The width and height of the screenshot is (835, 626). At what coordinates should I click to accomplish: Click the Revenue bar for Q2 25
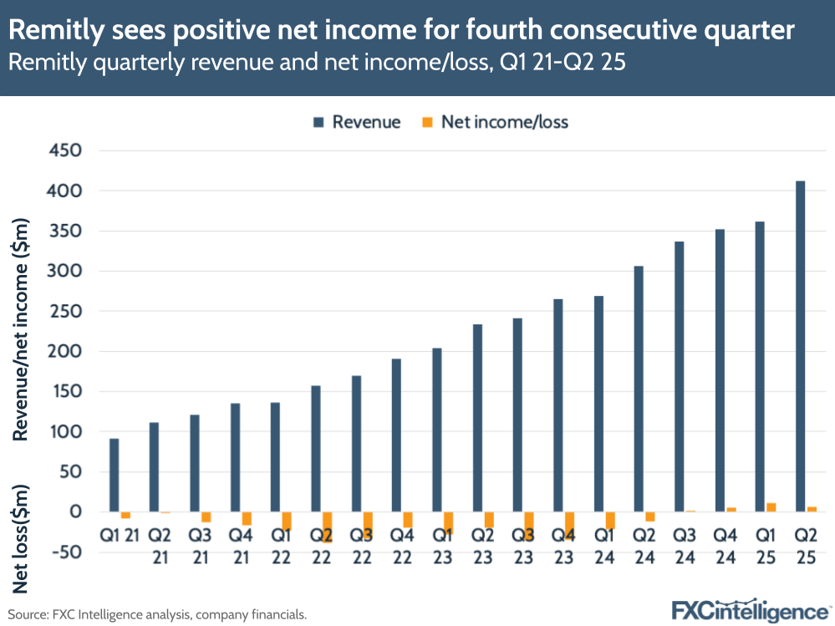pos(800,346)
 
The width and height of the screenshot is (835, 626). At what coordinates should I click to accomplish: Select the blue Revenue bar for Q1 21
pos(114,475)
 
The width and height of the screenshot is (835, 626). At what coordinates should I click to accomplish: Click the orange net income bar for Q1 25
pos(771,506)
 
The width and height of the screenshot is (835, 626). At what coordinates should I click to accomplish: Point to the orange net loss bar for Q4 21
pos(247,518)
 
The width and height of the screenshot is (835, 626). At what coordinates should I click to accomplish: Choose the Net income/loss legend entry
pos(494,122)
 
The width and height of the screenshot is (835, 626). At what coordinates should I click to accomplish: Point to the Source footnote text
pos(158,614)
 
